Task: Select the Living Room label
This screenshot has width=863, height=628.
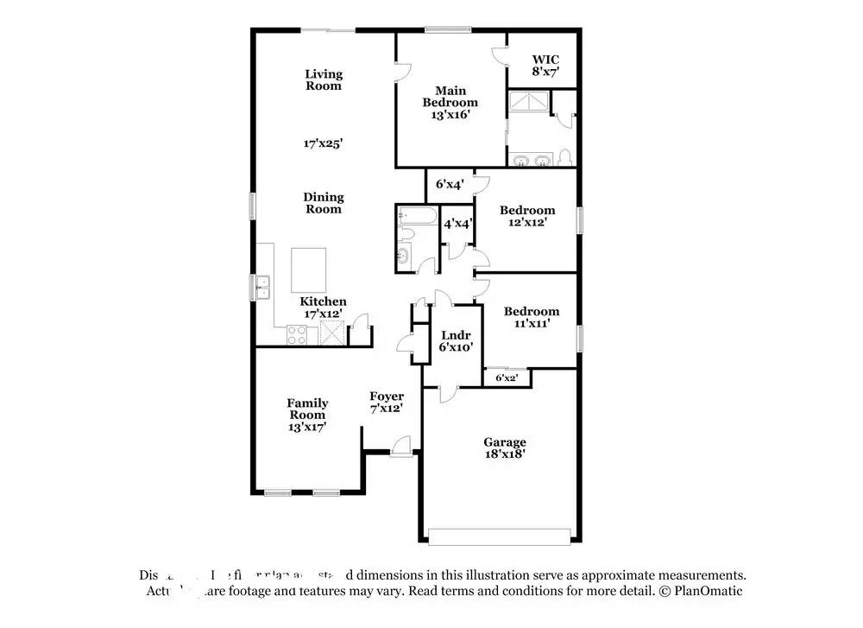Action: (324, 79)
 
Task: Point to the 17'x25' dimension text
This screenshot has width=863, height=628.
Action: (324, 143)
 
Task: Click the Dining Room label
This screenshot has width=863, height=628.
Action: (324, 203)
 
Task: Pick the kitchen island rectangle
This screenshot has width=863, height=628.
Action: (309, 270)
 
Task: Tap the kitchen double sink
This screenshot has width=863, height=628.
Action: (262, 286)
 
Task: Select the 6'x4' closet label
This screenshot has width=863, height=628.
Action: (450, 184)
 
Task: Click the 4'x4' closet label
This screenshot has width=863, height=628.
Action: (457, 223)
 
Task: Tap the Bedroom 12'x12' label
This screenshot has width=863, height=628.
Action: (527, 216)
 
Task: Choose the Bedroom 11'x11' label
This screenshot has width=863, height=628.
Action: (532, 317)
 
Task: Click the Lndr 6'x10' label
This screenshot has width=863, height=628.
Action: (455, 341)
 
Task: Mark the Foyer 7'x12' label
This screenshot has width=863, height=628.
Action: (387, 402)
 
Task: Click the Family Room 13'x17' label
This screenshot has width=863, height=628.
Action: (307, 415)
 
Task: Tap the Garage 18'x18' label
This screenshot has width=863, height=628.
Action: (504, 447)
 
